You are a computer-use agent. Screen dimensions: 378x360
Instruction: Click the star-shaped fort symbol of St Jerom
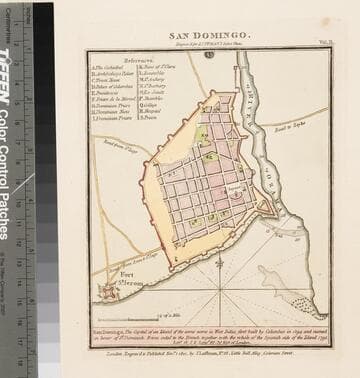click(108, 292)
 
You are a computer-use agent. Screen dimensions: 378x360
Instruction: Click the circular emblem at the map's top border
click(209, 55)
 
